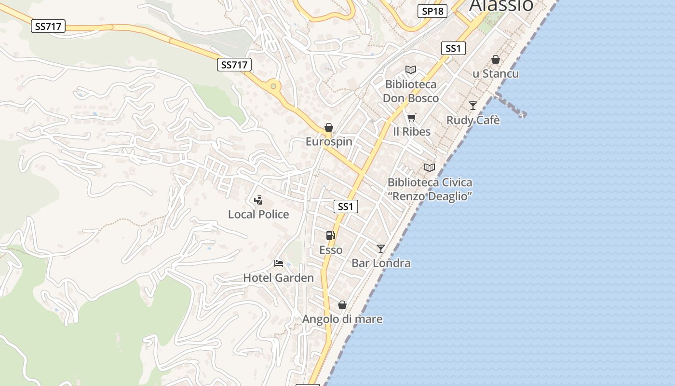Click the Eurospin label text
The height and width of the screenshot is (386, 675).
coord(329,141)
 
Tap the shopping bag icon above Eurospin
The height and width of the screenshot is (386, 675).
coord(329,127)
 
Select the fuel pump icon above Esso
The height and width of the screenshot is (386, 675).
coord(331,235)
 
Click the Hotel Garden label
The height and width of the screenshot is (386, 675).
coord(278,277)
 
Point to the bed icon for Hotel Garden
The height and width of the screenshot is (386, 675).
coord(278,263)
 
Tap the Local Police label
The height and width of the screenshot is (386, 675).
coord(258,214)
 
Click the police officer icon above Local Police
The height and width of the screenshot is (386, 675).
coord(258,200)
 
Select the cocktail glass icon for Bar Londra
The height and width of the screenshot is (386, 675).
coord(381,248)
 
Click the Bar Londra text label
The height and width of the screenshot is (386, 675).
coord(381,263)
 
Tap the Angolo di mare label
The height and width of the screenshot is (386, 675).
coord(342,319)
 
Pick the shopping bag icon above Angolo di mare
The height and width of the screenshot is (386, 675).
coord(342,305)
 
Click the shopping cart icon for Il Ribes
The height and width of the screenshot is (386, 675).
coord(411,117)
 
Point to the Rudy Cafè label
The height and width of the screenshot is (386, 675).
coord(473,120)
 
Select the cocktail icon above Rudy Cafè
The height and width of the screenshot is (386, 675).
coord(473,105)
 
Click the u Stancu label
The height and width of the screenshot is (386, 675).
coord(496,74)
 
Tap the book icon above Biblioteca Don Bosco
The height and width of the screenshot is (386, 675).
coord(411,70)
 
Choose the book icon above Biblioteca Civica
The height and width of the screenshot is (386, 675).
coord(429,167)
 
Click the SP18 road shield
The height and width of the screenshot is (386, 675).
coord(432,11)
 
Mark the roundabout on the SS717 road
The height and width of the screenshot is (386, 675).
coord(273,86)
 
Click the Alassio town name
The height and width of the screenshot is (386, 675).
coord(501,5)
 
